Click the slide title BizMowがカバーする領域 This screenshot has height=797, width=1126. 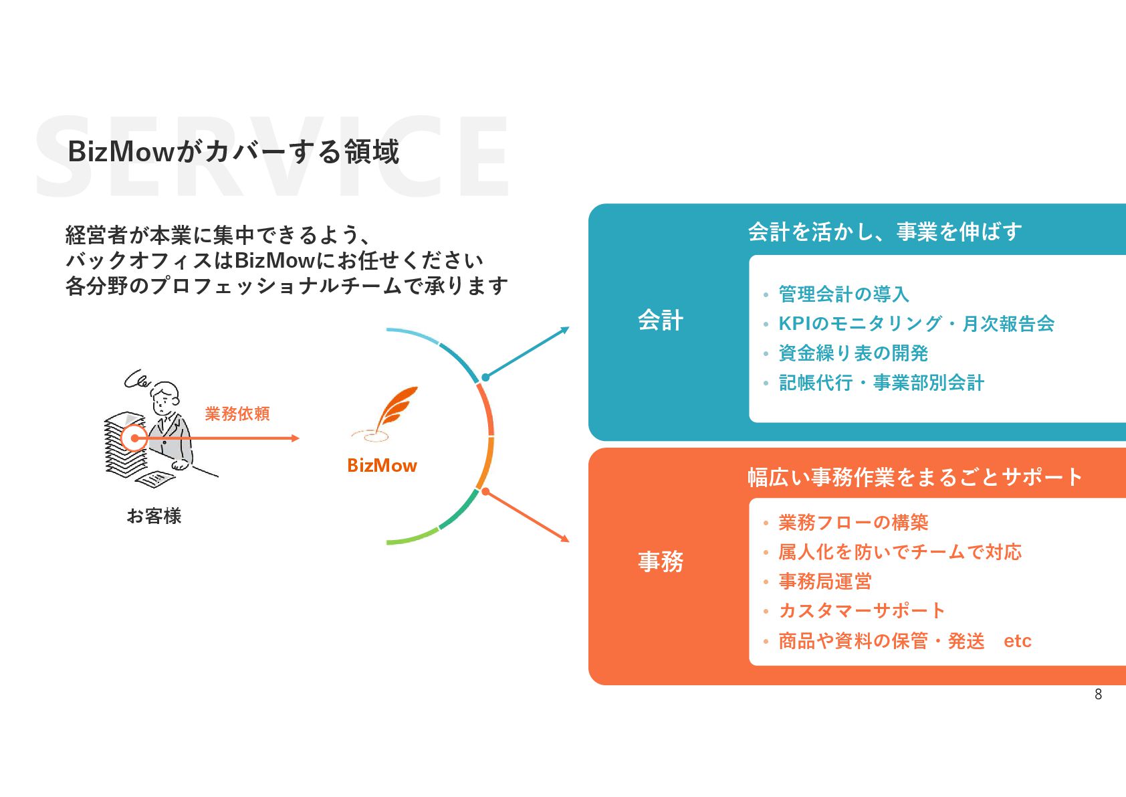coord(233,152)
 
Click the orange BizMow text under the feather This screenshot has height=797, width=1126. coord(382,466)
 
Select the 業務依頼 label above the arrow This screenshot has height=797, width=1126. coord(237,414)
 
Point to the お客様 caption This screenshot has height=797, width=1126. coord(154,516)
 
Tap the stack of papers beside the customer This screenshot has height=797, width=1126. coord(123,445)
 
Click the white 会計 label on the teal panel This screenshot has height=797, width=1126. coord(661,321)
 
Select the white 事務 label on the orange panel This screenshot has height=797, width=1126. coord(661,561)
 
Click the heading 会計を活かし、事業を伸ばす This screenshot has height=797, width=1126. coord(885,232)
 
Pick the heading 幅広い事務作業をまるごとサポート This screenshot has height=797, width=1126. coord(914,477)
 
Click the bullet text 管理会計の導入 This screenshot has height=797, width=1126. coord(844,294)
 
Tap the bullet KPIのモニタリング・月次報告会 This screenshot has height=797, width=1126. coord(916,324)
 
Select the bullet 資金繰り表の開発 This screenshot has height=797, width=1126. coord(853,353)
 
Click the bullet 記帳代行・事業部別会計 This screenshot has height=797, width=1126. coord(881,383)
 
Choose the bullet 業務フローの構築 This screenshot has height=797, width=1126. coord(853,523)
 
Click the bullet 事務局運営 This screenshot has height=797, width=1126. coord(825,582)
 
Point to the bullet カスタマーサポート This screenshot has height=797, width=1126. coord(862,611)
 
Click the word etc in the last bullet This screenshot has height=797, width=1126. coord(1017,641)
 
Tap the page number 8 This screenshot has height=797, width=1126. coord(1098,695)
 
